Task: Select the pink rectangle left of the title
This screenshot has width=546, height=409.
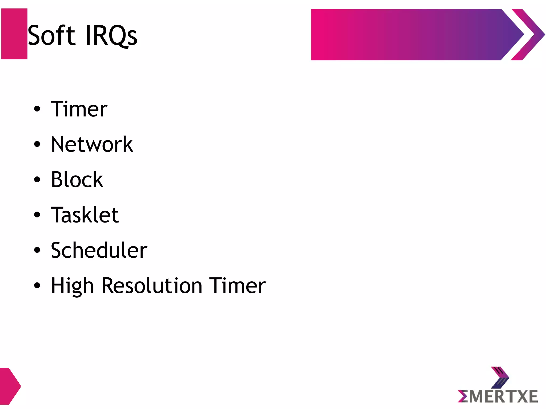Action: click(14, 34)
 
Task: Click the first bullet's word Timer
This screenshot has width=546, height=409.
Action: click(79, 109)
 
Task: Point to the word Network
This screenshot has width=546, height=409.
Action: click(92, 144)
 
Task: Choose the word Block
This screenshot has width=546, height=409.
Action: click(77, 180)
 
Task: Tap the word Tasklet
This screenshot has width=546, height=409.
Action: click(85, 215)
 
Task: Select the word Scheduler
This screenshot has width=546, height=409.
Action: click(99, 250)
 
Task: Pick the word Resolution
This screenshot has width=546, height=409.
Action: click(152, 286)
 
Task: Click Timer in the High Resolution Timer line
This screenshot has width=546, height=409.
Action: click(237, 286)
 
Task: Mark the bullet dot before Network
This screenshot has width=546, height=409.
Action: click(37, 144)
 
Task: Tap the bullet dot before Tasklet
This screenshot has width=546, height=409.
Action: click(37, 215)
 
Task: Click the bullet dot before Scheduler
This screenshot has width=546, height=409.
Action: click(37, 250)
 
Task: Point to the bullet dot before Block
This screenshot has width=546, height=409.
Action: click(37, 180)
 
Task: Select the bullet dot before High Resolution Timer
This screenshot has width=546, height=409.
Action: click(37, 285)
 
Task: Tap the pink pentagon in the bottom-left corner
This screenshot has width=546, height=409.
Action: click(9, 386)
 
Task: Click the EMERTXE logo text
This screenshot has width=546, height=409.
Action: click(498, 397)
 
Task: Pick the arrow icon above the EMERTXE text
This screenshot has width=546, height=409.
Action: click(500, 377)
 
